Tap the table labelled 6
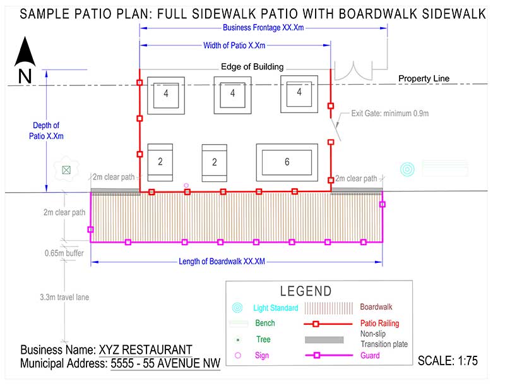[x=287, y=162]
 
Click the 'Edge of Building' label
[x=252, y=67]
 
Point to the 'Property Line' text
[x=424, y=78]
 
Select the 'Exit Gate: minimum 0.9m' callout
[x=389, y=113]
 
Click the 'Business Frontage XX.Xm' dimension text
[x=263, y=28]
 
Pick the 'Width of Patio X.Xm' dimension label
[x=234, y=45]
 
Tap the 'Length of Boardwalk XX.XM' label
[x=222, y=261]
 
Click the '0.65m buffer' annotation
[x=64, y=253]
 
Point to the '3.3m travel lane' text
[x=64, y=297]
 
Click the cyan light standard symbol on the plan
[x=407, y=169]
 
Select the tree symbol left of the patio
[x=66, y=169]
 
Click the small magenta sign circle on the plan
[x=186, y=185]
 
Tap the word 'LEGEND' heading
[x=306, y=291]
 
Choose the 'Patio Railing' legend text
[x=379, y=323]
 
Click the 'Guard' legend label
[x=370, y=355]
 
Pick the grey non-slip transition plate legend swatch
[x=324, y=340]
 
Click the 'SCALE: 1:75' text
[x=448, y=361]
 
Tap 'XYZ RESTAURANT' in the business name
[x=146, y=350]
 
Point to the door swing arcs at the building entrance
[x=353, y=71]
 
